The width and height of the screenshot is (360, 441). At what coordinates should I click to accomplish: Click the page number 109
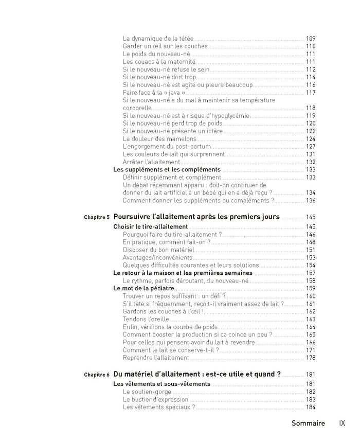coord(310,39)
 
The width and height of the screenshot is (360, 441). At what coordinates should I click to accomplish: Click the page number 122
coord(310,131)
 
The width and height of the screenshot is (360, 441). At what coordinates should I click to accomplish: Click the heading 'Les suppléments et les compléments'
coord(167,170)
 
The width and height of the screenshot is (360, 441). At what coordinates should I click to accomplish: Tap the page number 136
coord(310,201)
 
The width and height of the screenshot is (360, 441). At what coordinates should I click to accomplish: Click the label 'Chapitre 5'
coord(97,218)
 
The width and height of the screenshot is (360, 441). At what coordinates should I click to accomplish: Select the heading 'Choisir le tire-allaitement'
coord(150,226)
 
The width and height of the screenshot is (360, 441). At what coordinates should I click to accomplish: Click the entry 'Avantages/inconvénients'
coord(157,257)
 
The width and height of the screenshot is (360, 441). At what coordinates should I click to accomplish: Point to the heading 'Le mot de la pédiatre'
coord(142,288)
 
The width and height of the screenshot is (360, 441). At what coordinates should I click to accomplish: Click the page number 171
coord(310,350)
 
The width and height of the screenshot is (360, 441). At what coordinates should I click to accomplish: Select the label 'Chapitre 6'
coord(97,375)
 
